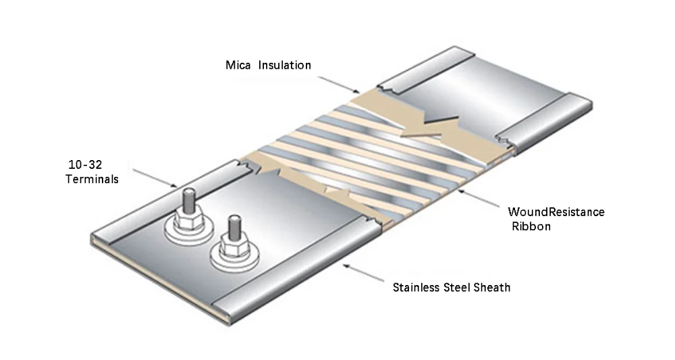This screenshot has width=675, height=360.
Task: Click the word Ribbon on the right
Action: click(531, 227)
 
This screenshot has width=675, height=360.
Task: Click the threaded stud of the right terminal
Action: click(234, 227)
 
